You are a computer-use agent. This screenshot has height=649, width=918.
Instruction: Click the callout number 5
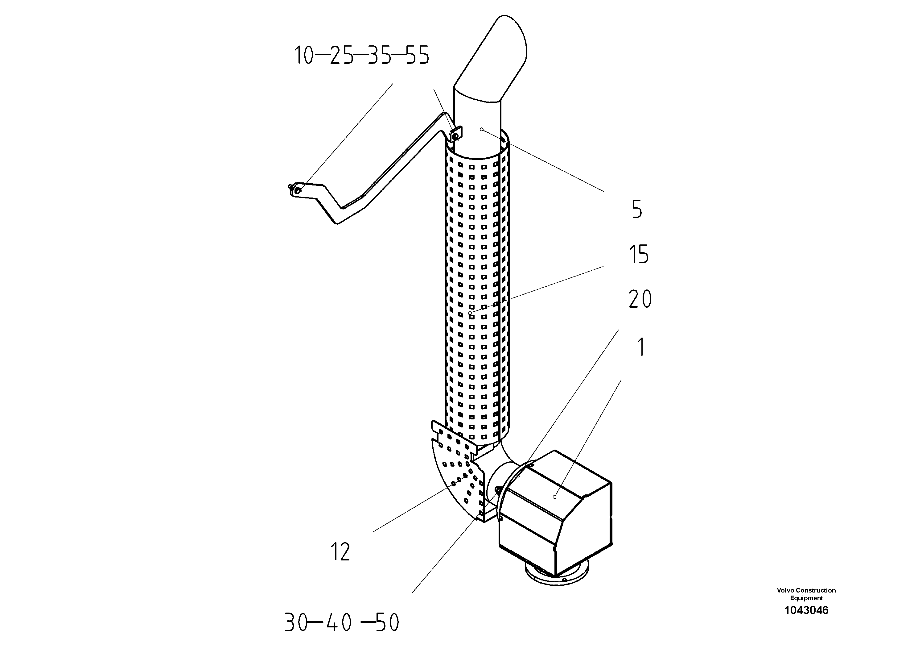point(637,209)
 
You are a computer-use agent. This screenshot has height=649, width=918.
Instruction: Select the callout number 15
point(639,255)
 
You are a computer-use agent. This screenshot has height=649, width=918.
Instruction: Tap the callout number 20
point(640,299)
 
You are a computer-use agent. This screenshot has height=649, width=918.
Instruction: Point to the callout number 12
point(340,552)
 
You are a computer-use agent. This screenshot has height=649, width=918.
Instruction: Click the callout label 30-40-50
point(342,622)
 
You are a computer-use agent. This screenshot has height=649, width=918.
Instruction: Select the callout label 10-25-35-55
point(361,55)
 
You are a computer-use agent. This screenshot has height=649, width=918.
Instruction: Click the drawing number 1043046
point(806,610)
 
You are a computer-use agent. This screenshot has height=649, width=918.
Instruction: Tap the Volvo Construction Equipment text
point(806,594)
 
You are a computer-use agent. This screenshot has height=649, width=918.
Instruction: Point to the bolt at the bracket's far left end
point(296,190)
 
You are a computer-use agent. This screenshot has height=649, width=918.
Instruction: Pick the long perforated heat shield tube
point(478,288)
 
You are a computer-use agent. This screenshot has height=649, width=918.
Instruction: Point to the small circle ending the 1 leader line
point(554,497)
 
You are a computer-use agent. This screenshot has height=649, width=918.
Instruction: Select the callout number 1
point(641,347)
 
